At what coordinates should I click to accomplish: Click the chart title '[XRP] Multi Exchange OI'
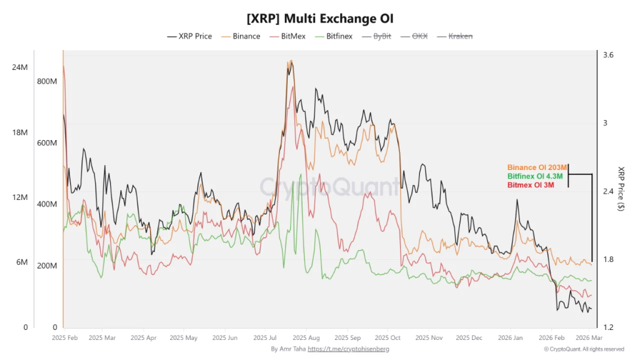pyautogui.click(x=319, y=18)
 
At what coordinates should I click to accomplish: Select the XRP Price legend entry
pyautogui.click(x=190, y=36)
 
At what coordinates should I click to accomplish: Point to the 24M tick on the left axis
pyautogui.click(x=20, y=67)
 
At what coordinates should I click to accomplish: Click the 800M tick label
pyautogui.click(x=47, y=81)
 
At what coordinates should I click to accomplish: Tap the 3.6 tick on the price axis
pyautogui.click(x=608, y=55)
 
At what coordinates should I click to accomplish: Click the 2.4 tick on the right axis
pyautogui.click(x=608, y=191)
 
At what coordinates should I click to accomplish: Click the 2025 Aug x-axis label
pyautogui.click(x=306, y=337)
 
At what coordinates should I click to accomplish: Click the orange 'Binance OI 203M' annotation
pyautogui.click(x=537, y=167)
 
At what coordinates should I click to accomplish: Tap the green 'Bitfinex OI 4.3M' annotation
pyautogui.click(x=535, y=177)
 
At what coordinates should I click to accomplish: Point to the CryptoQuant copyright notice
pyautogui.click(x=583, y=349)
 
